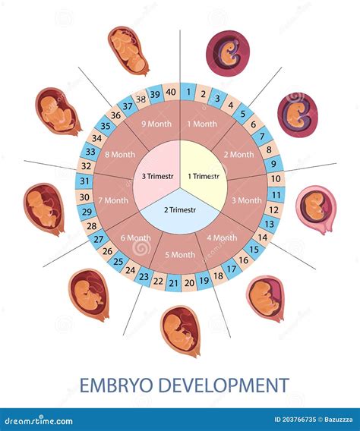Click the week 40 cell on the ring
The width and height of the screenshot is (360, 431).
click(x=171, y=92)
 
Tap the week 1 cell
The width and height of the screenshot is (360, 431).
click(x=188, y=92)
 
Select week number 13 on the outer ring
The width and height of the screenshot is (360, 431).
click(x=270, y=224)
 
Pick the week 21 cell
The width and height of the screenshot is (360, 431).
click(x=173, y=283)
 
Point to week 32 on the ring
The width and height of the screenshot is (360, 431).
click(x=86, y=165)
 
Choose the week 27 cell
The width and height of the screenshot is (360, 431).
click(x=99, y=239)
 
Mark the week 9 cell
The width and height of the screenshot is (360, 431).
click(x=273, y=164)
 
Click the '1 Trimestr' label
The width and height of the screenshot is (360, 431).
click(x=204, y=176)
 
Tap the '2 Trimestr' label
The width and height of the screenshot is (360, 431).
click(x=180, y=210)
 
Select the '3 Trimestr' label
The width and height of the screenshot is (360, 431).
click(x=157, y=176)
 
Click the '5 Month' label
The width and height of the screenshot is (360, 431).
click(x=180, y=255)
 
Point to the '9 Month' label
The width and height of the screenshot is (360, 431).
click(x=156, y=124)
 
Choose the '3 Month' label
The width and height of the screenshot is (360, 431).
click(x=246, y=200)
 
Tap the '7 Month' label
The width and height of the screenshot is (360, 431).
click(x=113, y=200)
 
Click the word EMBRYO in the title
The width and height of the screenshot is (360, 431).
click(x=116, y=385)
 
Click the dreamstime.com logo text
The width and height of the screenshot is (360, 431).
click(x=36, y=420)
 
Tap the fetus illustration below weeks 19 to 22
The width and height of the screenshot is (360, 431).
click(x=181, y=331)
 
